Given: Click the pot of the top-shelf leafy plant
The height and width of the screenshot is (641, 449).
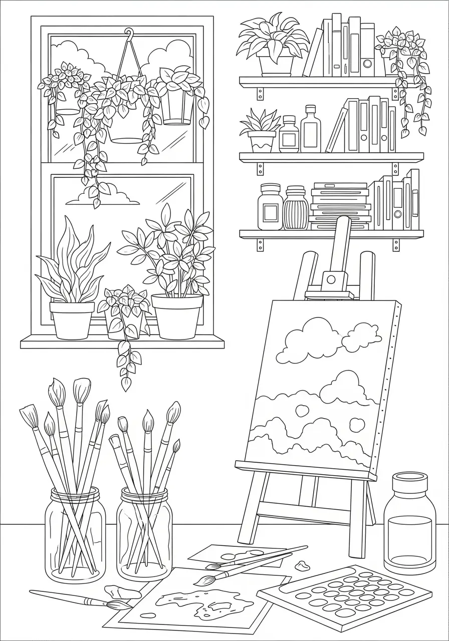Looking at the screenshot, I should (276, 64).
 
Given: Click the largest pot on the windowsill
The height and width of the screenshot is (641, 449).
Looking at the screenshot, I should (177, 315).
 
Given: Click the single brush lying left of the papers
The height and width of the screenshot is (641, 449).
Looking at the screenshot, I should (80, 599).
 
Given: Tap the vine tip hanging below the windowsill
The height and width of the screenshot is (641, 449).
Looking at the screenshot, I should (126, 384).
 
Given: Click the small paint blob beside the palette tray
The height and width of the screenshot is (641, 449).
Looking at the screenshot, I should (302, 566).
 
